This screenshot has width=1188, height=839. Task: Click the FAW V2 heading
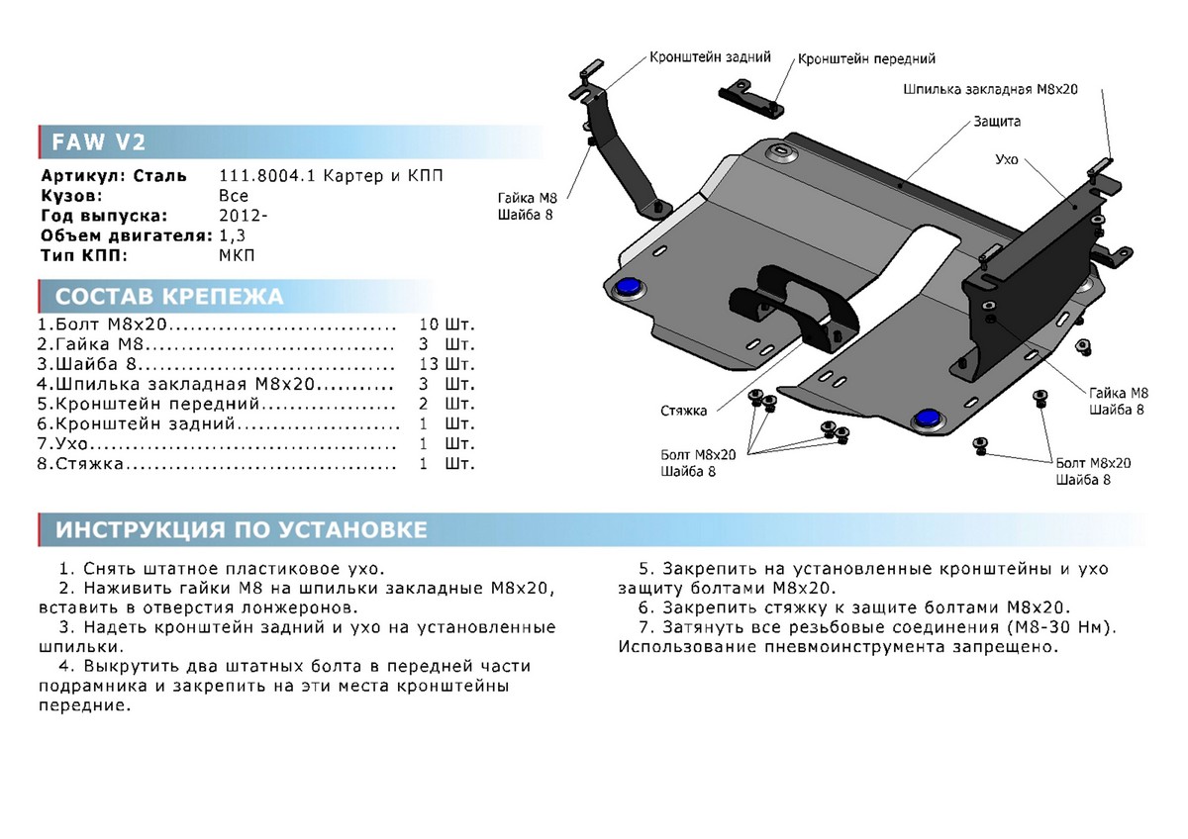point(94,142)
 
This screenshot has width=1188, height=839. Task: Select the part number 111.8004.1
point(260,176)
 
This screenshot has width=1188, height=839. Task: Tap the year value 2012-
point(242,216)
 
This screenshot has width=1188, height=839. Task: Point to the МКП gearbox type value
point(235,255)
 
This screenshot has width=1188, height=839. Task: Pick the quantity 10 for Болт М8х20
point(428,325)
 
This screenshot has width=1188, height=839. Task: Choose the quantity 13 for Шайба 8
point(428,364)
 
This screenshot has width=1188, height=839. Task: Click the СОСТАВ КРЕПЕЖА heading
point(168,297)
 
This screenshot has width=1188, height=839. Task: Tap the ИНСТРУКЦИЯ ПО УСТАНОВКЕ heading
point(242,530)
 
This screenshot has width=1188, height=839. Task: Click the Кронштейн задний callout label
point(710,57)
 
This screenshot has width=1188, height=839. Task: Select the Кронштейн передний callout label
point(866,59)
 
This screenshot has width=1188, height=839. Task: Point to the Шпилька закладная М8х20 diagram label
point(989,89)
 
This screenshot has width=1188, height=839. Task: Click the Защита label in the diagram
point(996,122)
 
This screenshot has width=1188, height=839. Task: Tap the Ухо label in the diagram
point(1007,158)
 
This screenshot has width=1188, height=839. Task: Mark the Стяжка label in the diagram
point(685,409)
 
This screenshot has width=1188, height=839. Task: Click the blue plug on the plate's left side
point(627,287)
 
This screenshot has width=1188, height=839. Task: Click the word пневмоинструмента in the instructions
point(895,647)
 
